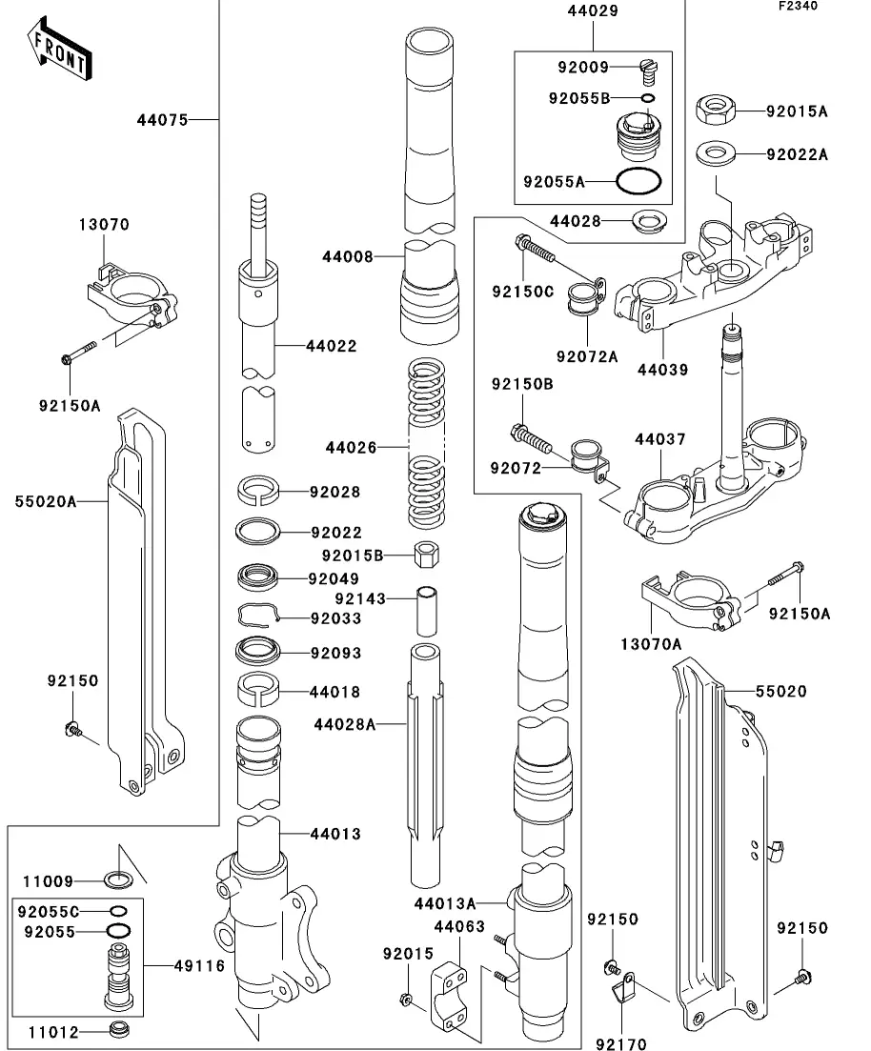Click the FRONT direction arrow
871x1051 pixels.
pos(58,53)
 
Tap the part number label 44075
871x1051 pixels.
pos(162,120)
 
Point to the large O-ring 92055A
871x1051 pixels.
pos(638,180)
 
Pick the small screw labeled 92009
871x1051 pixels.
pos(648,68)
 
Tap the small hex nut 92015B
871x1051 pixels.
pos(426,555)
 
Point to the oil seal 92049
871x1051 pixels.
pos(259,577)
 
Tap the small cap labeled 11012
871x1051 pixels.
pos(119,1030)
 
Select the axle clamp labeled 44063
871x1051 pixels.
pos(454,996)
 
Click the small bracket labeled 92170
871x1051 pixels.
pos(625,986)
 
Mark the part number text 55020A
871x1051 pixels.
pos(45,500)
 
